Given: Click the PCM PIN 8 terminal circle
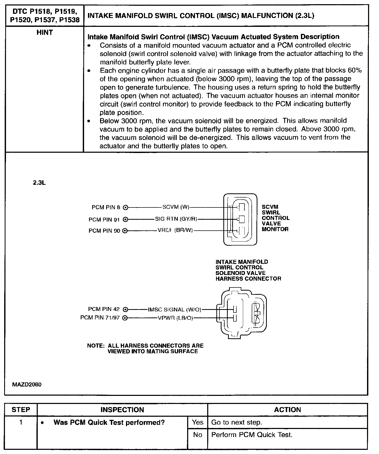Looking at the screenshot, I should (125, 208).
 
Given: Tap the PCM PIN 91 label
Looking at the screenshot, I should (104, 220).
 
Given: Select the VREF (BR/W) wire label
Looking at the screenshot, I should (175, 230).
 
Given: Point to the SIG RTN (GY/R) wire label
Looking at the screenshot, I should (176, 219).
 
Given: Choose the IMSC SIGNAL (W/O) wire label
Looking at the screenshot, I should (174, 310).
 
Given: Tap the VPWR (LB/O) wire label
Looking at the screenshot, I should (175, 318).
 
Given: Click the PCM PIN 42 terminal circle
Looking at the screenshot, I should (125, 310).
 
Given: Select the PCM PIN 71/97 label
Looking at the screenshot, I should (100, 318).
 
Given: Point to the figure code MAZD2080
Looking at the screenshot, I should (27, 384).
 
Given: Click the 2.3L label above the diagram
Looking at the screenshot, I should (39, 183).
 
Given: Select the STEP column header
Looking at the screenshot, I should (21, 410).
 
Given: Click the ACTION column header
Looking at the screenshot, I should (287, 410).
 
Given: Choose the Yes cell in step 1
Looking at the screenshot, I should (198, 422).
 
